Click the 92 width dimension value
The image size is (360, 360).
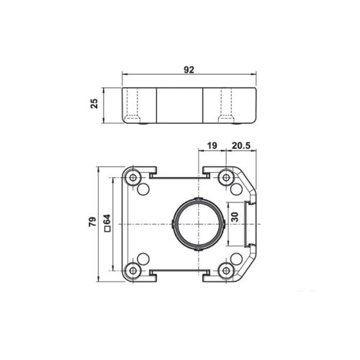(x=189, y=71)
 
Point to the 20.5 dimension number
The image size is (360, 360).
(x=242, y=146)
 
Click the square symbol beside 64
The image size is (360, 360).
(x=106, y=230)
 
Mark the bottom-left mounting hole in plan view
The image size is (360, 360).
(x=134, y=271)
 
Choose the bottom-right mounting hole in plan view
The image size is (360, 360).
(x=226, y=271)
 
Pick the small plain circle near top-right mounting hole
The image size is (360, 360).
(x=236, y=188)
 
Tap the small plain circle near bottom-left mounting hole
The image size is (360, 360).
(x=143, y=258)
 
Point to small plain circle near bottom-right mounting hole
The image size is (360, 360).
(x=236, y=258)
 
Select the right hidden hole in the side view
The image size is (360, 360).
(x=225, y=107)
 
